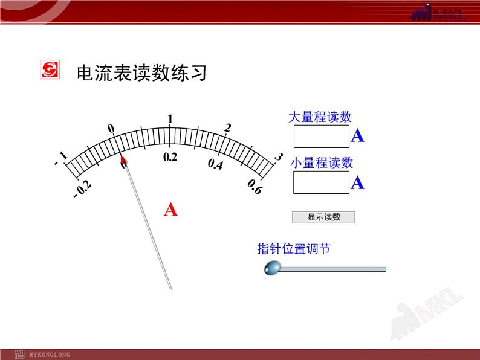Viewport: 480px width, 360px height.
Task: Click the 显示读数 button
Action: pyautogui.click(x=323, y=217)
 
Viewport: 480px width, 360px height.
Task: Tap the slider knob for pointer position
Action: pyautogui.click(x=273, y=267)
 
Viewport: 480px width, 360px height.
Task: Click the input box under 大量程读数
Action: pyautogui.click(x=322, y=137)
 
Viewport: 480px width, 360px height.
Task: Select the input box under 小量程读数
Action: pyautogui.click(x=321, y=182)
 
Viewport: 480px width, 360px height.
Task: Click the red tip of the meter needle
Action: pyautogui.click(x=123, y=161)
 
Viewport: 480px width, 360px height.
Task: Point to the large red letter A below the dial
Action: pyautogui.click(x=171, y=210)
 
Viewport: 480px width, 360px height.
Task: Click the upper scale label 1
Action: pyautogui.click(x=170, y=119)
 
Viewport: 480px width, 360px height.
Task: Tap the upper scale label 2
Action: pyautogui.click(x=227, y=128)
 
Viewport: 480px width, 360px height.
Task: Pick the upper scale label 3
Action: pyautogui.click(x=278, y=157)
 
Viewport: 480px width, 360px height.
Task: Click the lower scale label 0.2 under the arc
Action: pyautogui.click(x=170, y=157)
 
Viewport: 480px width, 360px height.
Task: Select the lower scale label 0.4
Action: pyautogui.click(x=215, y=164)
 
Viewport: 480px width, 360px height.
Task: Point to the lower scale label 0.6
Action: pyautogui.click(x=255, y=188)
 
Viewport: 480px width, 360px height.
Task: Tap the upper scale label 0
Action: pyautogui.click(x=111, y=128)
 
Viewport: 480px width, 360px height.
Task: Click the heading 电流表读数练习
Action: pyautogui.click(x=142, y=73)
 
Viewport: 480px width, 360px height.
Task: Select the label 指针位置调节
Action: pyautogui.click(x=293, y=249)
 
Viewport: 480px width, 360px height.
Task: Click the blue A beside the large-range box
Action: pyautogui.click(x=357, y=137)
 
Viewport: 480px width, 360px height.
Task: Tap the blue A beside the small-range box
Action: pyautogui.click(x=357, y=182)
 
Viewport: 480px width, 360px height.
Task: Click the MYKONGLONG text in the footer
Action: pyautogui.click(x=50, y=355)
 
